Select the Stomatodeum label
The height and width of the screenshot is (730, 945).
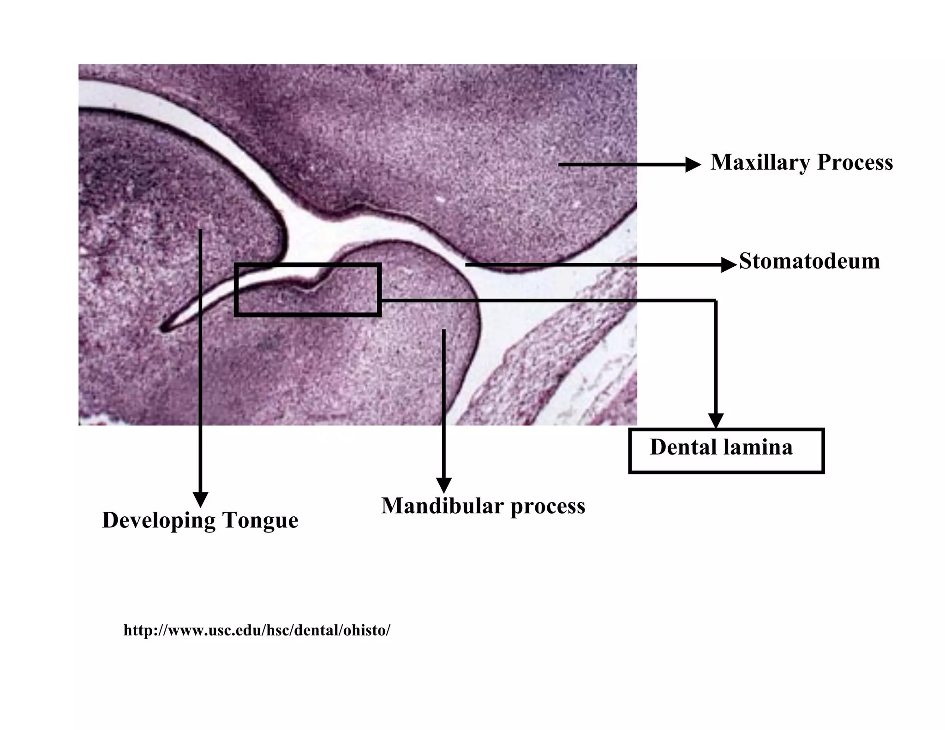tap(809, 261)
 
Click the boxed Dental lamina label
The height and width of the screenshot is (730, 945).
tap(726, 451)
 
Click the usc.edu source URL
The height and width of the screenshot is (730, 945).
tap(257, 630)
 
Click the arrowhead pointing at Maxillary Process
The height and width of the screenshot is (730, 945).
tap(693, 164)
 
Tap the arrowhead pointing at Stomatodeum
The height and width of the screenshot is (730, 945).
tap(729, 265)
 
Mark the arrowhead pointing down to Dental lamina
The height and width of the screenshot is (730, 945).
tap(716, 421)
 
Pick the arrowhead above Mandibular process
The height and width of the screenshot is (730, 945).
tap(443, 485)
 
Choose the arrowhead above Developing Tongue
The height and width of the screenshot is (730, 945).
tap(200, 500)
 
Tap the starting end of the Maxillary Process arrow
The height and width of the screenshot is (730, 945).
tap(560, 164)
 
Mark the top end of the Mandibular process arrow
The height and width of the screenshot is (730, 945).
tap(443, 330)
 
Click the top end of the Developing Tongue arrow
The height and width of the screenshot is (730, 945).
tap(200, 230)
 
